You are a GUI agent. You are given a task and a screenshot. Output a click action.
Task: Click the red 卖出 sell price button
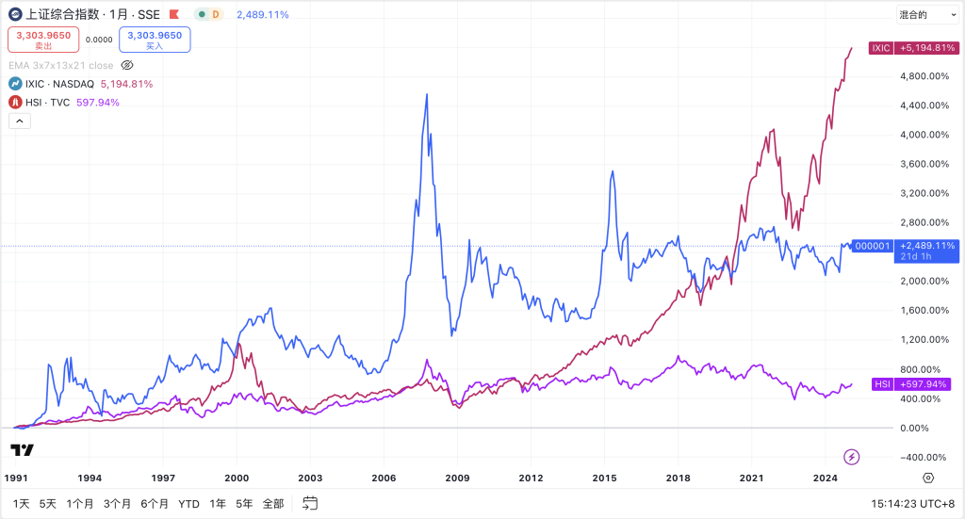[43, 40]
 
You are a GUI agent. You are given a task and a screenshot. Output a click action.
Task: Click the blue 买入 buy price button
[155, 40]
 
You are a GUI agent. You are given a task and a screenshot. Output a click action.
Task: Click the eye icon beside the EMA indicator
[128, 65]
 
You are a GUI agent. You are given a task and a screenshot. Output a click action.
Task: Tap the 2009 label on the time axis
[458, 478]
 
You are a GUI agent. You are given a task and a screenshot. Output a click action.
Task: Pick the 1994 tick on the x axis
[90, 478]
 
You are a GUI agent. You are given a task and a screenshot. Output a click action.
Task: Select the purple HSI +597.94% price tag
[909, 384]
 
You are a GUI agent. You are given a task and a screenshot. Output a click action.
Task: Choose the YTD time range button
[188, 504]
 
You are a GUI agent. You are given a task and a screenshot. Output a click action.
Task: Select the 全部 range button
[273, 504]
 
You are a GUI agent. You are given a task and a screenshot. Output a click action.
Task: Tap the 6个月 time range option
[155, 504]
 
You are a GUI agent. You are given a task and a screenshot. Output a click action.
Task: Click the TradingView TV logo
[24, 449]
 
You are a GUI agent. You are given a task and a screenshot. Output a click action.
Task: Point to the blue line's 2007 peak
[427, 95]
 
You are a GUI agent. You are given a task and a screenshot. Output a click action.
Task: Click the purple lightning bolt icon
[852, 457]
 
